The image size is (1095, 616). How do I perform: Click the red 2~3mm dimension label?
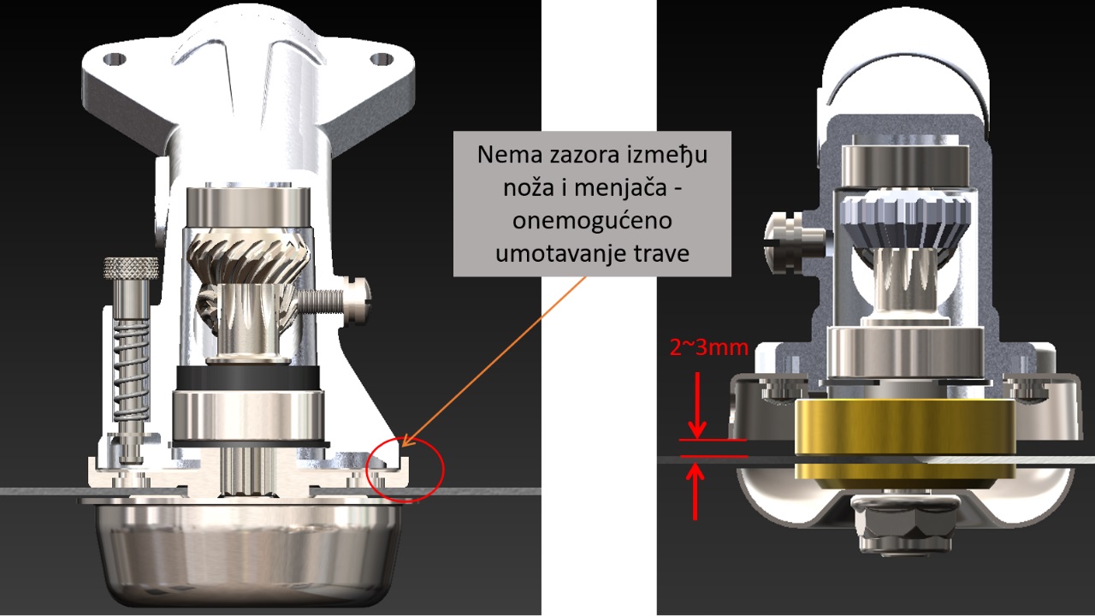[709, 348]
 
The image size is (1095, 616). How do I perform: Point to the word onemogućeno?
[592, 221]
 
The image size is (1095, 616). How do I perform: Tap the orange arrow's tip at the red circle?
[402, 447]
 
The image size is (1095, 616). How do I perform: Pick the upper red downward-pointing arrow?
[697, 406]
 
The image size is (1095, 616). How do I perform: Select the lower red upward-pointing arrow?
[695, 491]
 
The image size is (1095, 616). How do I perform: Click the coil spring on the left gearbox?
[131, 370]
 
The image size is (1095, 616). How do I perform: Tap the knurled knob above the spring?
[131, 268]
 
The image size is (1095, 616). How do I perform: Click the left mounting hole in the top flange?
[115, 60]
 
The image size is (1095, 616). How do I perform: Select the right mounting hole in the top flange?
[382, 59]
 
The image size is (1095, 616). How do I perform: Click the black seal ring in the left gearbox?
[248, 377]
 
